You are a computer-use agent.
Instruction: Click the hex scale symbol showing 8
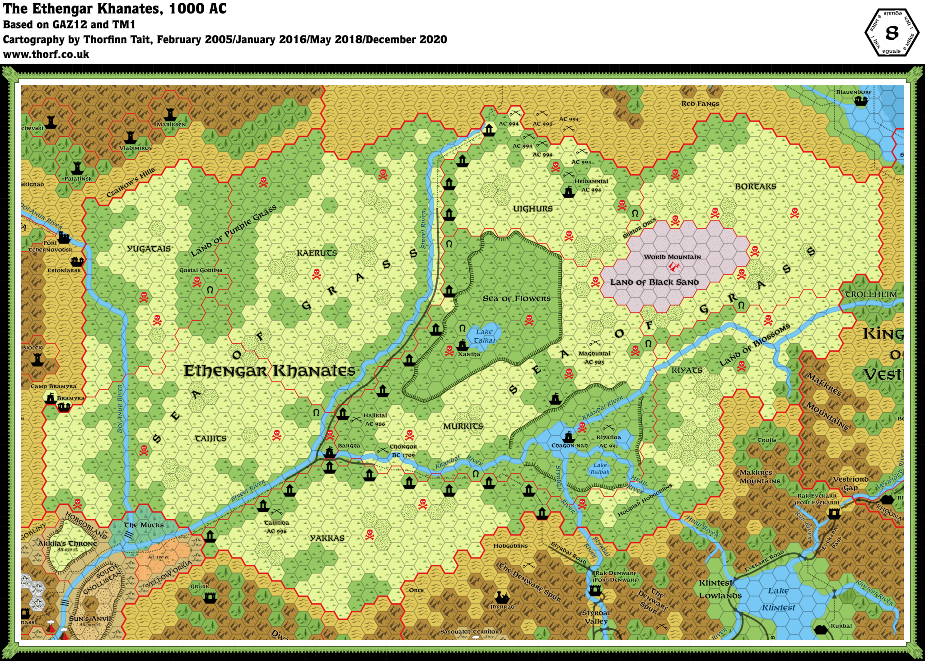tap(892, 33)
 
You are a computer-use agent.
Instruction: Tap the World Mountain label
tap(672, 257)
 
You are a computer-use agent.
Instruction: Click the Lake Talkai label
tap(485, 336)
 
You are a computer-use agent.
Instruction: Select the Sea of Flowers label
tap(516, 298)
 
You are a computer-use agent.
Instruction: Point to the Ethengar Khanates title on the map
tap(269, 371)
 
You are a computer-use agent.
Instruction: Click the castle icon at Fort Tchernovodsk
tap(64, 237)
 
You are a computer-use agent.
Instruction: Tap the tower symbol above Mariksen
tap(170, 114)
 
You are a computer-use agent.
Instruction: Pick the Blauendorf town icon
tap(861, 101)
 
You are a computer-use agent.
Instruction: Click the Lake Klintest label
tap(778, 599)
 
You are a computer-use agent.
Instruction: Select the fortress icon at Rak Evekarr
tap(834, 513)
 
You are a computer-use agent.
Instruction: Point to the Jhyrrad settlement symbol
tap(502, 598)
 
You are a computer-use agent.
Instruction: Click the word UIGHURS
tap(533, 209)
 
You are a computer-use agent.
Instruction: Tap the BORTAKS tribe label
tap(755, 186)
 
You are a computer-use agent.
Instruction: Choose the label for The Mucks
tap(144, 525)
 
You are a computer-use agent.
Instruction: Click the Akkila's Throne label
tap(67, 544)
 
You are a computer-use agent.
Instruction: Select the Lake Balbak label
tap(600, 469)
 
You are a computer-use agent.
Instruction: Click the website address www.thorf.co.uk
tap(46, 55)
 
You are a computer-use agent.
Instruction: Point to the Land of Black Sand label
tap(654, 282)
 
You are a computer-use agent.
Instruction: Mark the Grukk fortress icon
tap(210, 598)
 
